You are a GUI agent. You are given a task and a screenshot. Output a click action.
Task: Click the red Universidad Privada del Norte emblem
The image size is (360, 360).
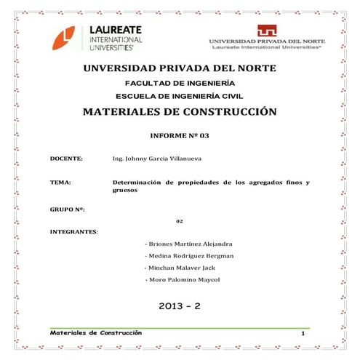[265, 31]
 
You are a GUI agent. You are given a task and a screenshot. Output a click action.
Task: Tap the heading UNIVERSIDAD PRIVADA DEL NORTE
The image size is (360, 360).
[180, 68]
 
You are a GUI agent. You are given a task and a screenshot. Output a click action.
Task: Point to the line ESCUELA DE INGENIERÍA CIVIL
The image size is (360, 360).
[179, 96]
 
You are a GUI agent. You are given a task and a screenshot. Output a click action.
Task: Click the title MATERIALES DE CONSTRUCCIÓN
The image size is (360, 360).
[180, 113]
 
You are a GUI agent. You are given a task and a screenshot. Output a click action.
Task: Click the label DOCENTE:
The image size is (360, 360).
[65, 158]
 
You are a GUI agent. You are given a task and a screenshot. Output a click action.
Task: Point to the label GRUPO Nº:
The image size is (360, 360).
[68, 209]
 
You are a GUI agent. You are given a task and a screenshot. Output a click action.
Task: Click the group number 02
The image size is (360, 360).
[179, 221]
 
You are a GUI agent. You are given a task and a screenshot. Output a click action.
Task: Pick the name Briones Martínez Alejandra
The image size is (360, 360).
[188, 244]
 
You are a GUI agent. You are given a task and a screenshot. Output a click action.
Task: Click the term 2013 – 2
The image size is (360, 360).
[179, 307]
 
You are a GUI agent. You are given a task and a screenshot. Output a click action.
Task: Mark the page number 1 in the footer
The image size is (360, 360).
[301, 332]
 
